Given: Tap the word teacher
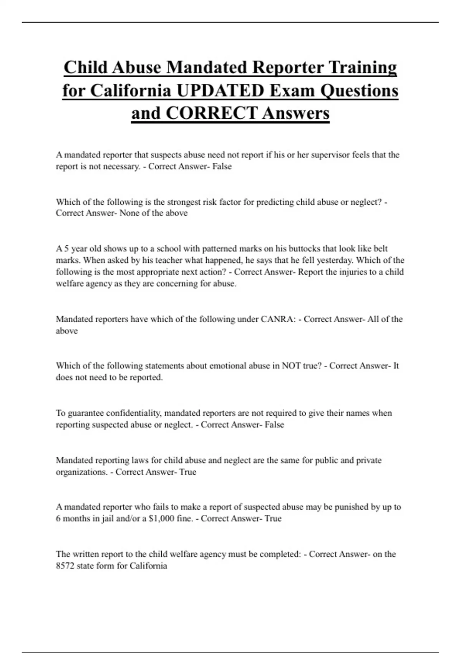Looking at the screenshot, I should pyautogui.click(x=169, y=260).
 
